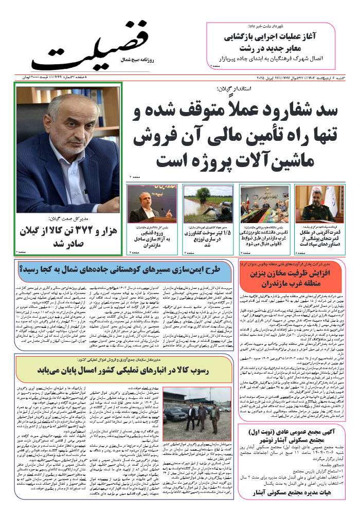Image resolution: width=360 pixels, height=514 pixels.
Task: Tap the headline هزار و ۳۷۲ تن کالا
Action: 68,237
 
